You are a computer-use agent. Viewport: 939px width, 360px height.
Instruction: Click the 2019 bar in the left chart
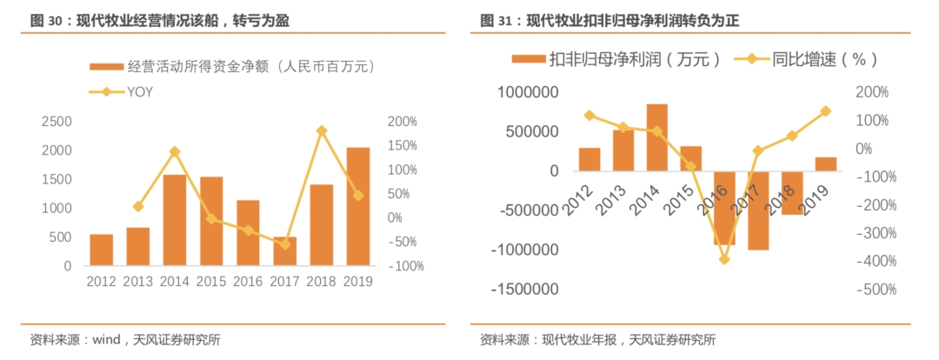click(x=358, y=206)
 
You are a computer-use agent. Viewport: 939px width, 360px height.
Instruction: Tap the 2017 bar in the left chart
click(x=284, y=250)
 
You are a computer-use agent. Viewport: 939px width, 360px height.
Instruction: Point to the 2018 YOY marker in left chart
click(x=322, y=130)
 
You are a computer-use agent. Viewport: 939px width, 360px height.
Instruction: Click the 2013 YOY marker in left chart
click(x=138, y=206)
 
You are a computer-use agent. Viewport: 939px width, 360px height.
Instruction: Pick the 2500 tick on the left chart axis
click(x=56, y=122)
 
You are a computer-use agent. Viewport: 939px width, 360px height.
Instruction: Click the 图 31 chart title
click(x=621, y=20)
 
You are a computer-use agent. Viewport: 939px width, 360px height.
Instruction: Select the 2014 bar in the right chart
click(x=657, y=137)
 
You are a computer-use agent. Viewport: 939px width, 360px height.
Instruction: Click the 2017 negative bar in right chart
click(x=758, y=210)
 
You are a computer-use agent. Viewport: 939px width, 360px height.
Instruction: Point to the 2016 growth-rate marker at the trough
click(x=724, y=259)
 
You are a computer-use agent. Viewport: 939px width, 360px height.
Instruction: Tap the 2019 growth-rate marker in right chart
click(x=825, y=111)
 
